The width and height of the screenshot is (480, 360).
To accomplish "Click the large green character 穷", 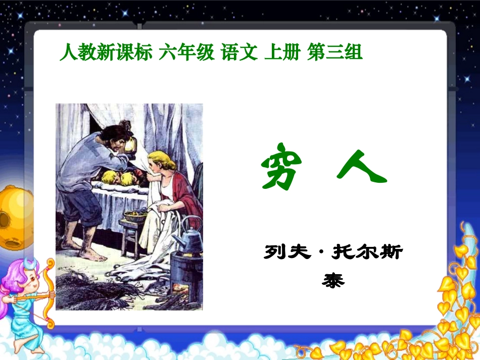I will pos(281,169).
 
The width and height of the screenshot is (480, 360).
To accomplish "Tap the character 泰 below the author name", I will pos(333,280).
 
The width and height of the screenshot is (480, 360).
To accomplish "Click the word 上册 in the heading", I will pos(282,53).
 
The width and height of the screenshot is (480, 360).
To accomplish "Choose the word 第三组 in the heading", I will pos(335,53).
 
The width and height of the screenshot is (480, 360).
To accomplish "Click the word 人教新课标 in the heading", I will pos(105,53).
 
